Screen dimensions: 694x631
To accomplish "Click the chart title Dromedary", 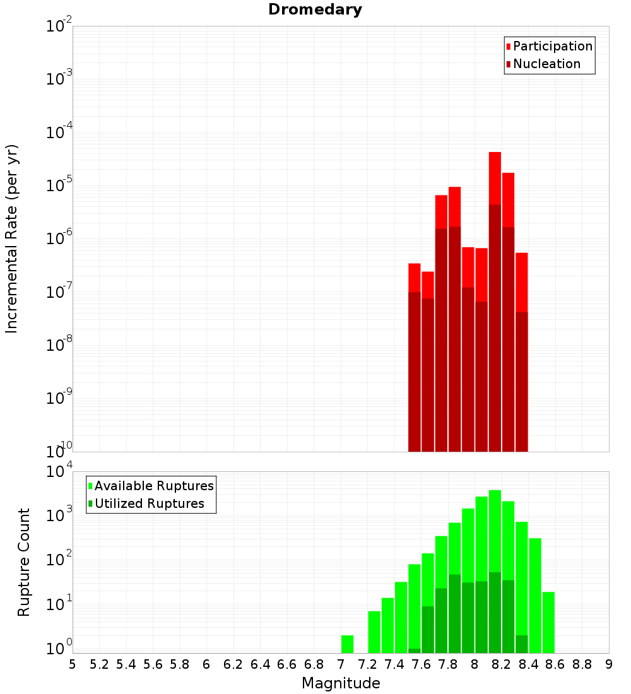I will click(315, 9).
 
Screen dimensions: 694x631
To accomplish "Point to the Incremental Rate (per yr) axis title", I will click(12, 238).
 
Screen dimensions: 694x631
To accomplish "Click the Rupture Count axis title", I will click(24, 562).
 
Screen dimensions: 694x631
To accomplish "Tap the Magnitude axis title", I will click(341, 683).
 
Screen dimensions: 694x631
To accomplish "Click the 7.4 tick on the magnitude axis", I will click(394, 664).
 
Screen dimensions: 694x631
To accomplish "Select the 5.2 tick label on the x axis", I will click(99, 664).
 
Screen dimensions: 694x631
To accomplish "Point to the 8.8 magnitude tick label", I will click(582, 664).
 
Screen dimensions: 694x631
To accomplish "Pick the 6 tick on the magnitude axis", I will click(206, 664).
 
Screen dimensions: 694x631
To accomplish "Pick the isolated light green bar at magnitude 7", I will click(347, 644).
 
